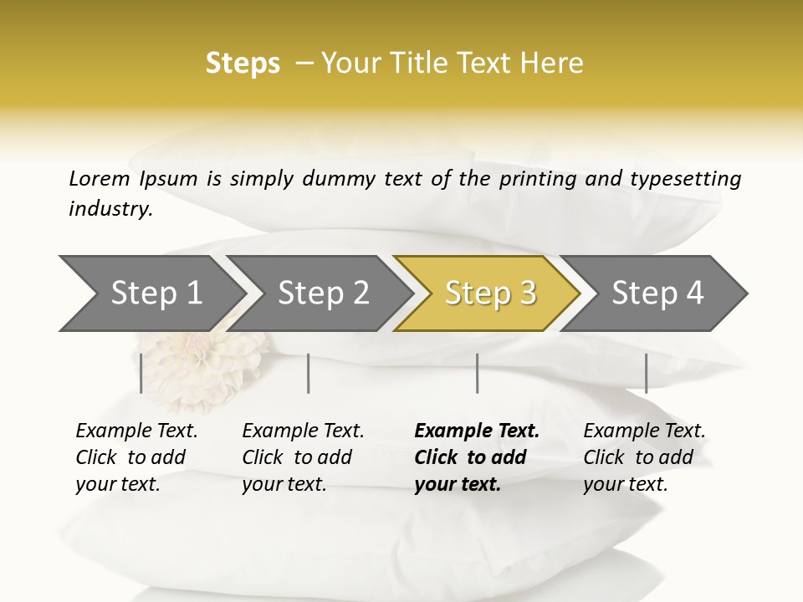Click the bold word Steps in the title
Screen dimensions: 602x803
tap(243, 64)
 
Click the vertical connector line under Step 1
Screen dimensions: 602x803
tap(141, 373)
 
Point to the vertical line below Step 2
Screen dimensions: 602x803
tap(309, 373)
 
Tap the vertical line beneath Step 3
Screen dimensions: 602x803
tap(477, 373)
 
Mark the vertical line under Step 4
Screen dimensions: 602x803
tap(646, 373)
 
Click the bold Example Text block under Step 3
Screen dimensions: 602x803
tap(477, 457)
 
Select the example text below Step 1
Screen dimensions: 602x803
tap(136, 457)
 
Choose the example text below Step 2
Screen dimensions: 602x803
tap(303, 457)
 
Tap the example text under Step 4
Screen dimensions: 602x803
tap(644, 457)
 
